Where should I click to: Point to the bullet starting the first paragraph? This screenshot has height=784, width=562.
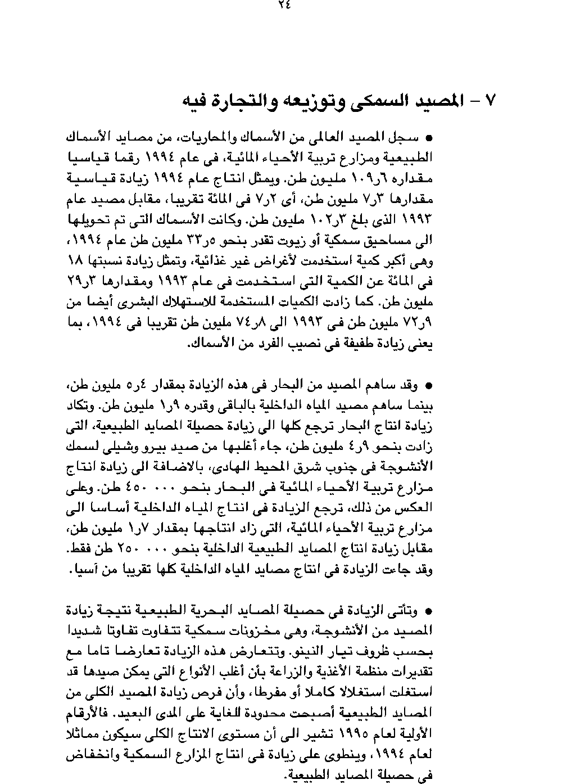(x=429, y=137)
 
